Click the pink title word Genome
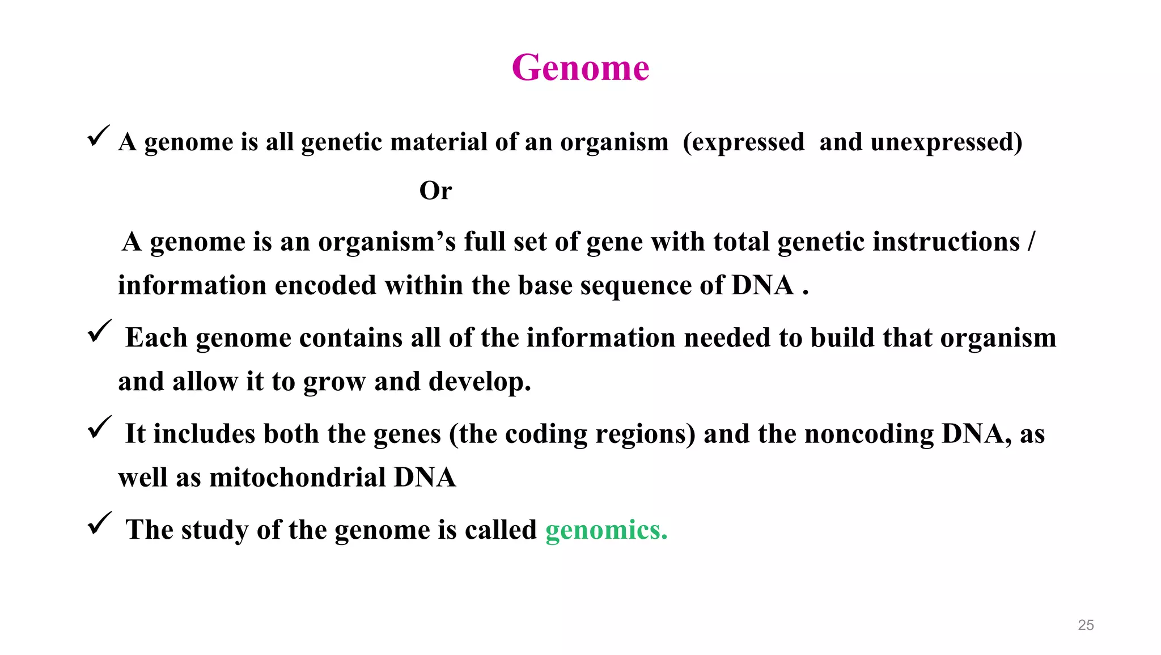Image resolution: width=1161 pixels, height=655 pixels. [580, 68]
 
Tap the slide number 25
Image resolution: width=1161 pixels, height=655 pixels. [1086, 625]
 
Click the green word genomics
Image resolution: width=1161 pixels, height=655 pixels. [605, 530]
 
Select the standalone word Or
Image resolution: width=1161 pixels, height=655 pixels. [435, 191]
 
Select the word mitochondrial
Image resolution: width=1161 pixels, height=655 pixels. [298, 477]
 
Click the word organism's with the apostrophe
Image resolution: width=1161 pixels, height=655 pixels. [387, 242]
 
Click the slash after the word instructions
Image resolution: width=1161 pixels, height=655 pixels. [1031, 242]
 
